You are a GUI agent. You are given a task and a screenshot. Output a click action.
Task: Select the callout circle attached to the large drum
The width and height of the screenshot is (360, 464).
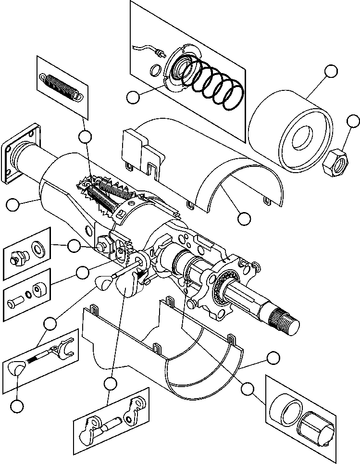click(x=331, y=71)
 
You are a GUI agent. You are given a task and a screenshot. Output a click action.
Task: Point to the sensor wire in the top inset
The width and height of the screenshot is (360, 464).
click(x=144, y=47)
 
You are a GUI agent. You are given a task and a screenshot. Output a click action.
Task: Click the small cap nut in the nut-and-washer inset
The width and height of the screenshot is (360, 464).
click(x=17, y=259)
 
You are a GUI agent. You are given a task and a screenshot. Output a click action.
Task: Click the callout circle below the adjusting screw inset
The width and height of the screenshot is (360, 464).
click(x=17, y=406)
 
